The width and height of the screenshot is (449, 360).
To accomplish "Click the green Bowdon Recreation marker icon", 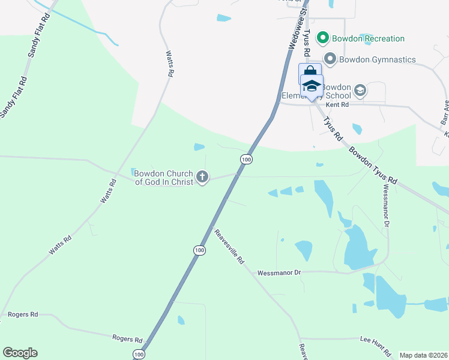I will point(322,38).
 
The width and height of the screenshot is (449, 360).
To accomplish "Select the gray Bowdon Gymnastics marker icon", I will point(330,59).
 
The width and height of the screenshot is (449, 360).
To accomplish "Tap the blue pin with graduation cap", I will point(312,85).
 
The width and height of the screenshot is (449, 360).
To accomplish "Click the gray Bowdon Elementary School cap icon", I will point(360,91).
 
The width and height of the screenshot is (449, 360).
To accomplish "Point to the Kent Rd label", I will point(337,104).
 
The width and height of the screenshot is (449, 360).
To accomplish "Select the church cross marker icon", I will point(203,177).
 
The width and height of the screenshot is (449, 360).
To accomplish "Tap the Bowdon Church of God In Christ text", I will point(163,178).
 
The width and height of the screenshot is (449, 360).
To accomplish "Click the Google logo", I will point(20,353).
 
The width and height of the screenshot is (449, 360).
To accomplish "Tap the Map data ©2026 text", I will point(423,355).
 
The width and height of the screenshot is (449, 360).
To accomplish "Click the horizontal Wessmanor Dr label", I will point(278,272).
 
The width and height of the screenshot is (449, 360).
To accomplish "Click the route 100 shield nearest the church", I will point(246,159).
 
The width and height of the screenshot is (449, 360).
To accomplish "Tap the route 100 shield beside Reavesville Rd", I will point(199,250).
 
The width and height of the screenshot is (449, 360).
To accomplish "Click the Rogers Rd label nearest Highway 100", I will point(127,338).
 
